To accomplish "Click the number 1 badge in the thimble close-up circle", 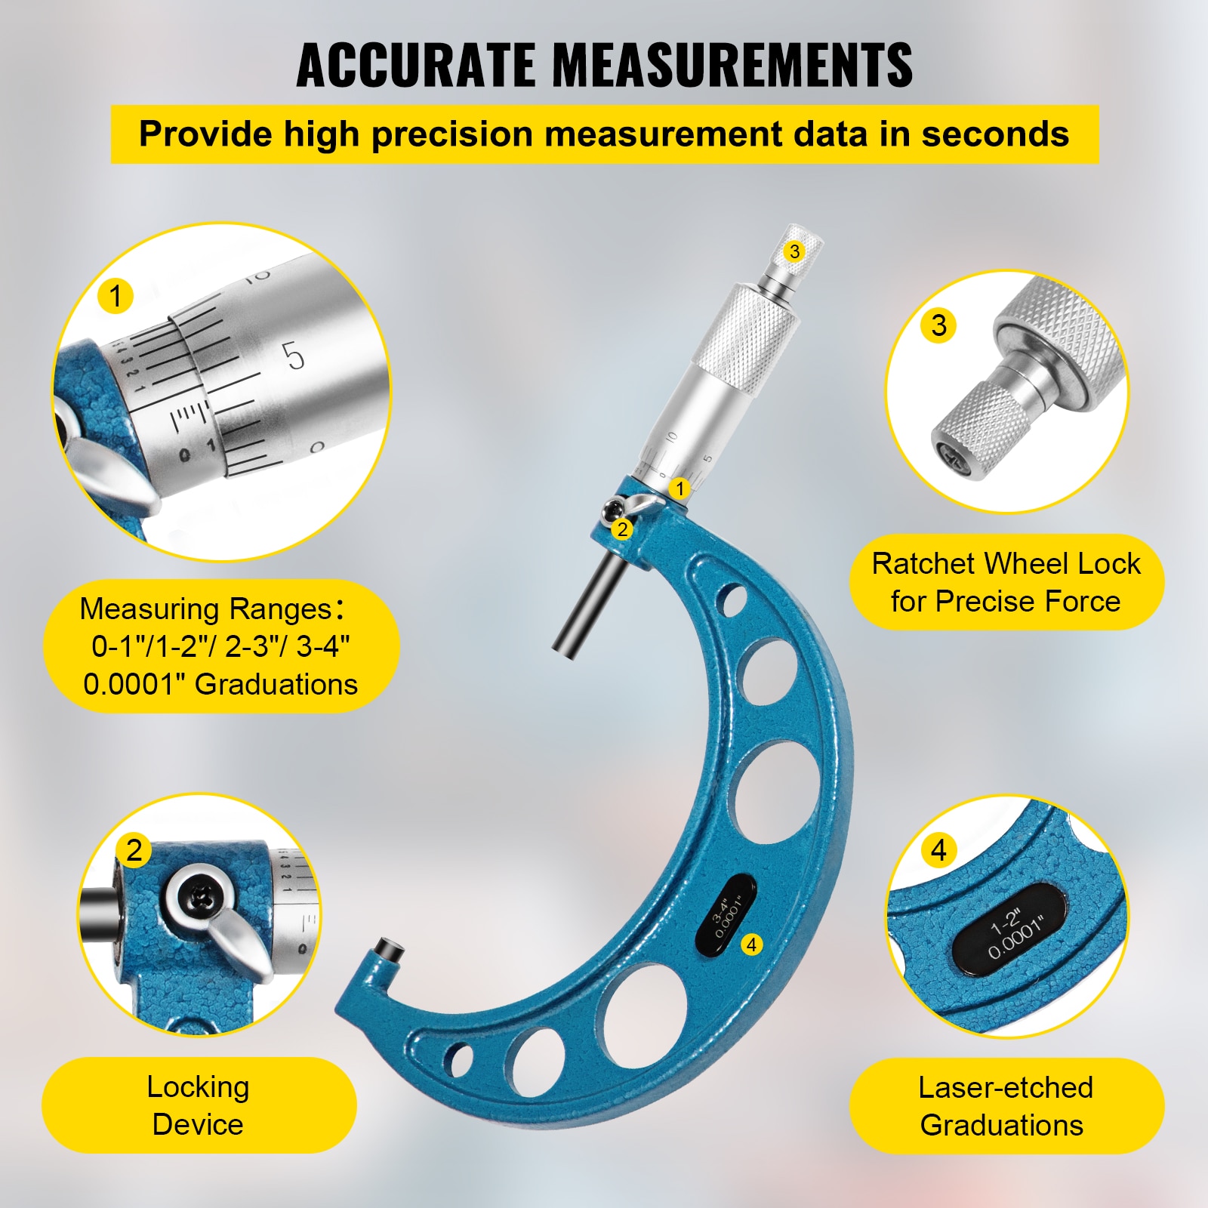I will [x=116, y=296].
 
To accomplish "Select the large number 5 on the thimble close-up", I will [x=294, y=356].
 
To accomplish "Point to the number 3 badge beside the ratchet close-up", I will [x=938, y=325].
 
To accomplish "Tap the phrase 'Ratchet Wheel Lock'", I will [x=1006, y=564].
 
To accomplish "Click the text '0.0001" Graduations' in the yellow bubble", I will [x=220, y=684].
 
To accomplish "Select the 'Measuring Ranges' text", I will [x=205, y=609].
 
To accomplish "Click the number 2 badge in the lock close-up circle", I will [x=134, y=850].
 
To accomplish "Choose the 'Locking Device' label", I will [x=198, y=1105].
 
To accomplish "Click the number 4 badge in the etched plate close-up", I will [x=938, y=850].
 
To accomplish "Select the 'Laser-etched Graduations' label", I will [x=1005, y=1106].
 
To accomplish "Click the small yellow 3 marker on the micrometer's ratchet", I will [x=794, y=251].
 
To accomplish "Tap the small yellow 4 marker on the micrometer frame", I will [x=751, y=944].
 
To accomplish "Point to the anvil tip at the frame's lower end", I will [x=390, y=949].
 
